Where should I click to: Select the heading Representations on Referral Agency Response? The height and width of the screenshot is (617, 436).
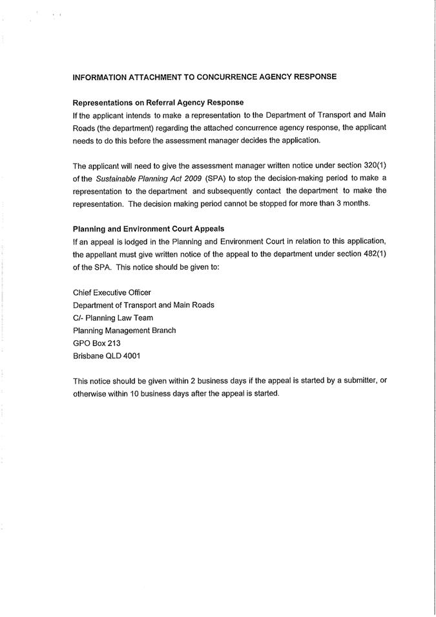158,102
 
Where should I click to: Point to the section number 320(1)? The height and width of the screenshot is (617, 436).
373,165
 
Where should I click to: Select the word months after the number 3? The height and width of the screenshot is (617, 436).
357,203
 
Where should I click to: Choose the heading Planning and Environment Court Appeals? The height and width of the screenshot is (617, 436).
149,229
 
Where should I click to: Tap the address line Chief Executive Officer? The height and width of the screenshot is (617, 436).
112,292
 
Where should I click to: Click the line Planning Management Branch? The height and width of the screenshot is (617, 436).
124,330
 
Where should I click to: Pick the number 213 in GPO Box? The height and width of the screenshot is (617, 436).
114,343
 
